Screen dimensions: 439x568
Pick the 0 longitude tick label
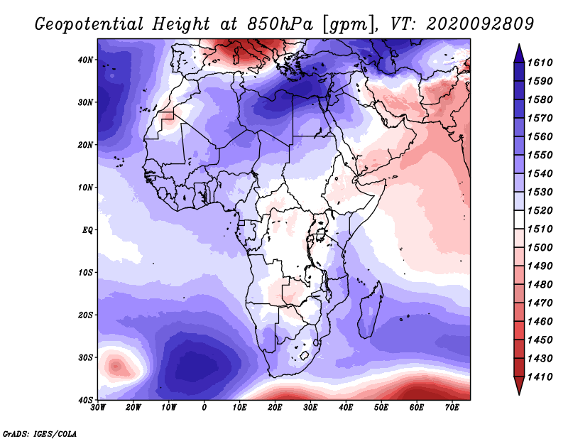click(204, 408)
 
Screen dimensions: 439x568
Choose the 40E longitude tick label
click(346, 408)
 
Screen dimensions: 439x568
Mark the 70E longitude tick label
click(452, 408)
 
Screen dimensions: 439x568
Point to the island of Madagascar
click(371, 309)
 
